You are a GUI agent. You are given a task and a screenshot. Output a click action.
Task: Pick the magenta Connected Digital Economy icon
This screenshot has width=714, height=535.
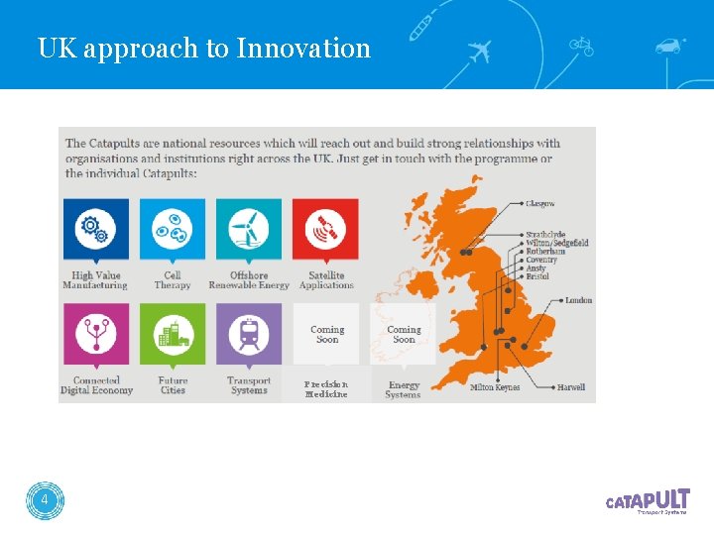(95, 336)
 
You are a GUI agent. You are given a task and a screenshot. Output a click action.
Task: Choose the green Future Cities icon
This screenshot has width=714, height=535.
(173, 336)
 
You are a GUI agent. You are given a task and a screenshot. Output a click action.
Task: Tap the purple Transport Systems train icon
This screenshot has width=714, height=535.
(248, 336)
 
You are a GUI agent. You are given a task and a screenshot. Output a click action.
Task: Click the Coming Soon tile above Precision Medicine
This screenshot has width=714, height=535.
(326, 335)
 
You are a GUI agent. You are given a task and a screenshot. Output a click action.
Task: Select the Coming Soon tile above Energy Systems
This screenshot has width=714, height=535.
(403, 335)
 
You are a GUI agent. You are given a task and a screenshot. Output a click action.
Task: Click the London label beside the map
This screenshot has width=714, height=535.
(579, 300)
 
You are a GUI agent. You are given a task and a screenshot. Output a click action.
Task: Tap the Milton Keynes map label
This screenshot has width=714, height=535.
(495, 387)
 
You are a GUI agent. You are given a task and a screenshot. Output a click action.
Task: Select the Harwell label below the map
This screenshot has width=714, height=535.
(571, 387)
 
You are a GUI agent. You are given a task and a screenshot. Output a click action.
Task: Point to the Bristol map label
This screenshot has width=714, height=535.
(537, 276)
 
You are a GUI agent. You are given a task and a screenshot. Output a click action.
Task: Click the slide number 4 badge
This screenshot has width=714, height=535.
(45, 501)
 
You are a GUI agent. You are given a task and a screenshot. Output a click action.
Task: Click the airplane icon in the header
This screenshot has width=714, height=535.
(479, 50)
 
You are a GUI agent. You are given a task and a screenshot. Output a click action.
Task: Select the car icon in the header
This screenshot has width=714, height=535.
(669, 46)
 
